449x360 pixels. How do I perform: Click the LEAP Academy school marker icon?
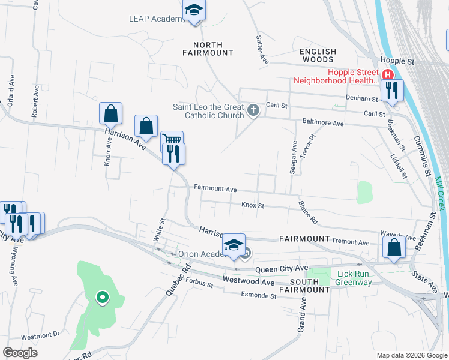click(194, 10)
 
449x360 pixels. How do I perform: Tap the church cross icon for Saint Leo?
click(253, 111)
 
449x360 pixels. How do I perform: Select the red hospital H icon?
click(388, 75)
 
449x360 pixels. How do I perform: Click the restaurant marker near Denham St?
click(392, 91)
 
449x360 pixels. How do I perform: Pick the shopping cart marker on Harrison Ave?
click(172, 140)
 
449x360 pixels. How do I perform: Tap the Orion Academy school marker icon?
click(234, 245)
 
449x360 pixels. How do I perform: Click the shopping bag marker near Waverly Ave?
click(393, 247)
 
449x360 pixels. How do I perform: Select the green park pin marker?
click(103, 296)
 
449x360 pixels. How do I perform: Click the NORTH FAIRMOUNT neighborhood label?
click(208, 49)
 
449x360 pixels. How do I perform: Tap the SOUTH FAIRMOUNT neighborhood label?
click(310, 286)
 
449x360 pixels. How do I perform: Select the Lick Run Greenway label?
click(354, 277)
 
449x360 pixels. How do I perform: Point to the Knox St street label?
click(253, 205)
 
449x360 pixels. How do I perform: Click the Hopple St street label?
click(398, 62)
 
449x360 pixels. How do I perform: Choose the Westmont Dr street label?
click(41, 334)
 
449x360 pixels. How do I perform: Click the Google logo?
click(20, 353)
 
